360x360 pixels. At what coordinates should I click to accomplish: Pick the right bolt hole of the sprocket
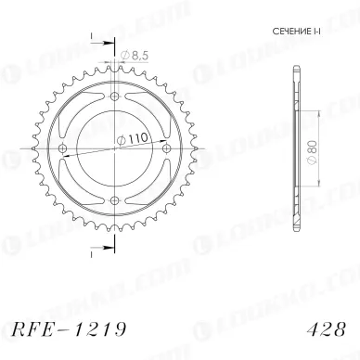tap(166, 149)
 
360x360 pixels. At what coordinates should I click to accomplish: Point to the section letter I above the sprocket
tap(93, 37)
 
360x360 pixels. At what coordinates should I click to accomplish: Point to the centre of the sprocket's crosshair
tap(114, 149)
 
